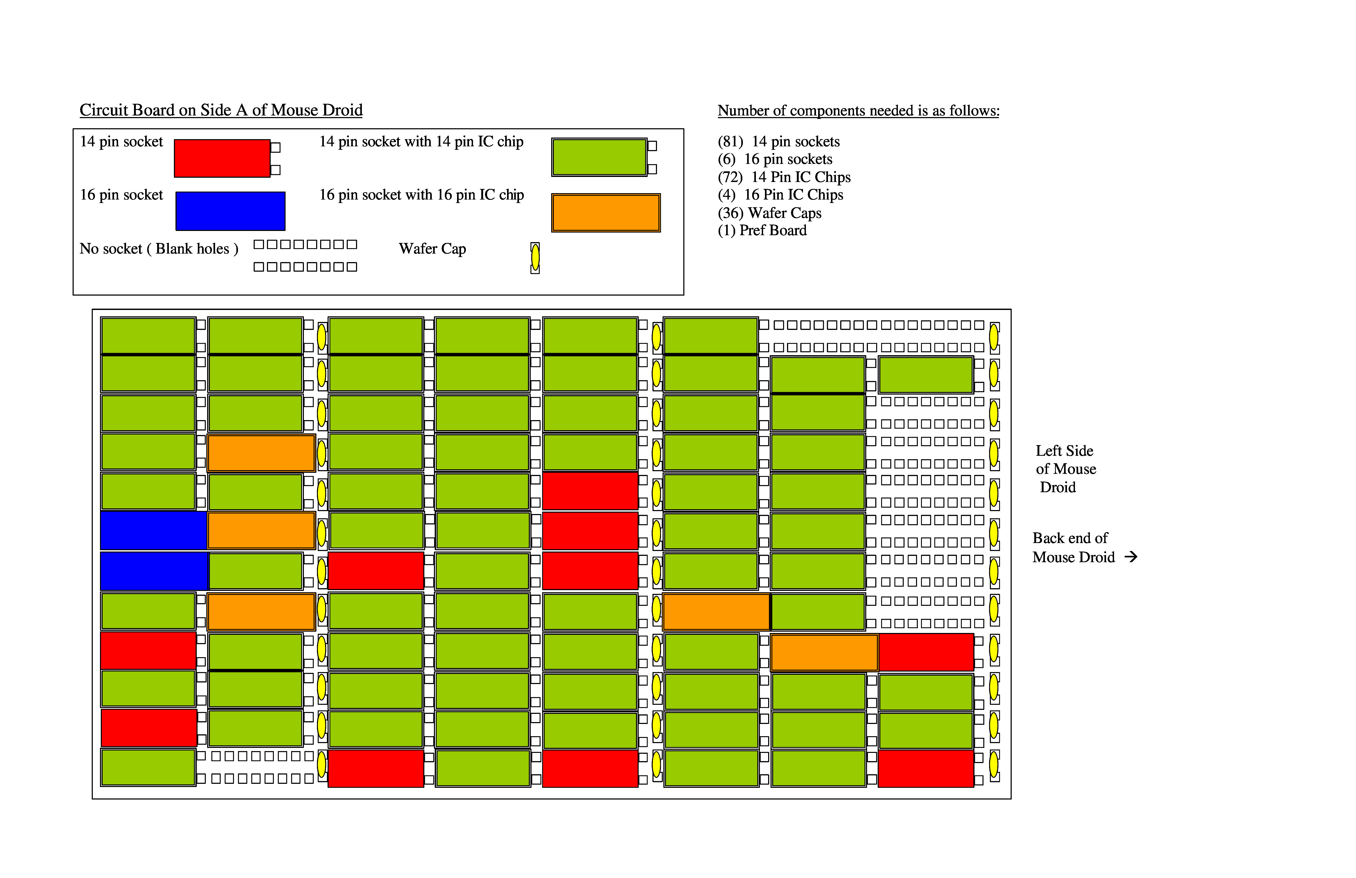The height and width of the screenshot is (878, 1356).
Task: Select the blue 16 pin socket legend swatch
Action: [230, 211]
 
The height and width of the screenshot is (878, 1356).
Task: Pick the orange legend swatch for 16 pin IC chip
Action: [606, 213]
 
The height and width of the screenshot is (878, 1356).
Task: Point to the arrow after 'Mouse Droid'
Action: [1131, 557]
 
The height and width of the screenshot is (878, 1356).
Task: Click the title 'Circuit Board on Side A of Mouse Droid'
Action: [221, 110]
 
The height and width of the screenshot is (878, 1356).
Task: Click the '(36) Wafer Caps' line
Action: [770, 213]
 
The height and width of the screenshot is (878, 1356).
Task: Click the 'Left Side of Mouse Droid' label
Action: [1065, 469]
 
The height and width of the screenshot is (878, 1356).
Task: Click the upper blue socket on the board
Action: [154, 530]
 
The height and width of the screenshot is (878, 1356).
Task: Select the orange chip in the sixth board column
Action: [716, 612]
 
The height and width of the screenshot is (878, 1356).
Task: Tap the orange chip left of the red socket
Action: [824, 652]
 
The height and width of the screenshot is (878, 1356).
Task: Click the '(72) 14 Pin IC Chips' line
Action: [784, 177]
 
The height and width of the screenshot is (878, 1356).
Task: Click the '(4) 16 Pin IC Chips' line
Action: [781, 195]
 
